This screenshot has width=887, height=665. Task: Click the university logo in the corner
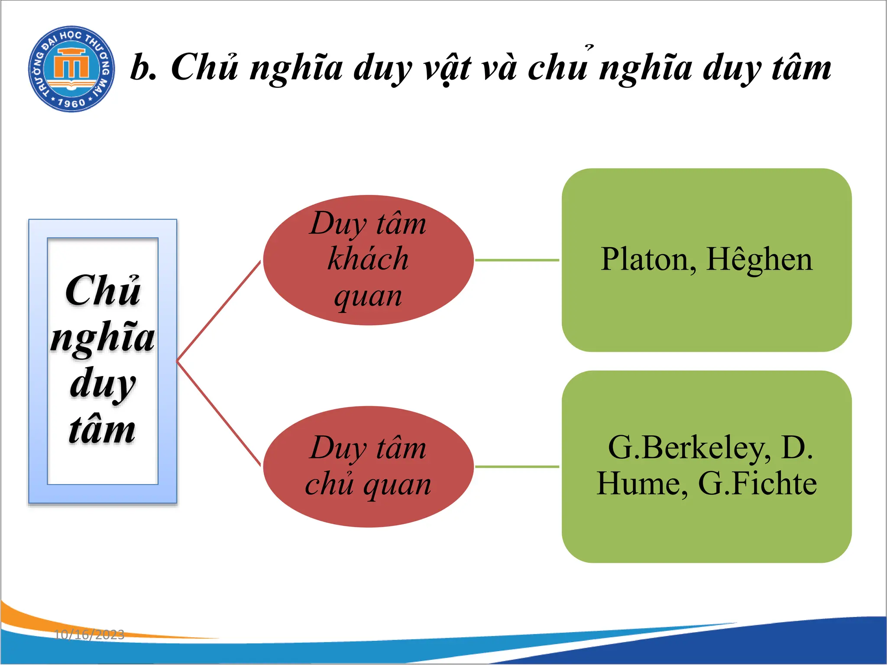(71, 68)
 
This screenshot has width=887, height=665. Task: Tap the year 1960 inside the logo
(71, 103)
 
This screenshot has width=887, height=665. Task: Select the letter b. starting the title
(143, 68)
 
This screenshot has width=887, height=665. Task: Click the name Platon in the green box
(648, 260)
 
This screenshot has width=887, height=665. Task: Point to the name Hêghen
(759, 260)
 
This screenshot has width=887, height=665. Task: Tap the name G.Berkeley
(689, 448)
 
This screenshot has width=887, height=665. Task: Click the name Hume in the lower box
(641, 484)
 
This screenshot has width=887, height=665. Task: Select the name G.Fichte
(758, 484)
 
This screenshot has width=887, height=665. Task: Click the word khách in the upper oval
(368, 260)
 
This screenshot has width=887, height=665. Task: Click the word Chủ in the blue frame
(103, 291)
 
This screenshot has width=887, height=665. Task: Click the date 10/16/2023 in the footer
(89, 635)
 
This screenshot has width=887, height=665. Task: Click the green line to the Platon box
(517, 260)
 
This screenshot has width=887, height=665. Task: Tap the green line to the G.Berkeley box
(517, 467)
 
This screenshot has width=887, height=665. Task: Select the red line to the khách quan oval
(219, 311)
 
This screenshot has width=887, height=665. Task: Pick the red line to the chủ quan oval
(219, 413)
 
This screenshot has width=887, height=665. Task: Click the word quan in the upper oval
(368, 297)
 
